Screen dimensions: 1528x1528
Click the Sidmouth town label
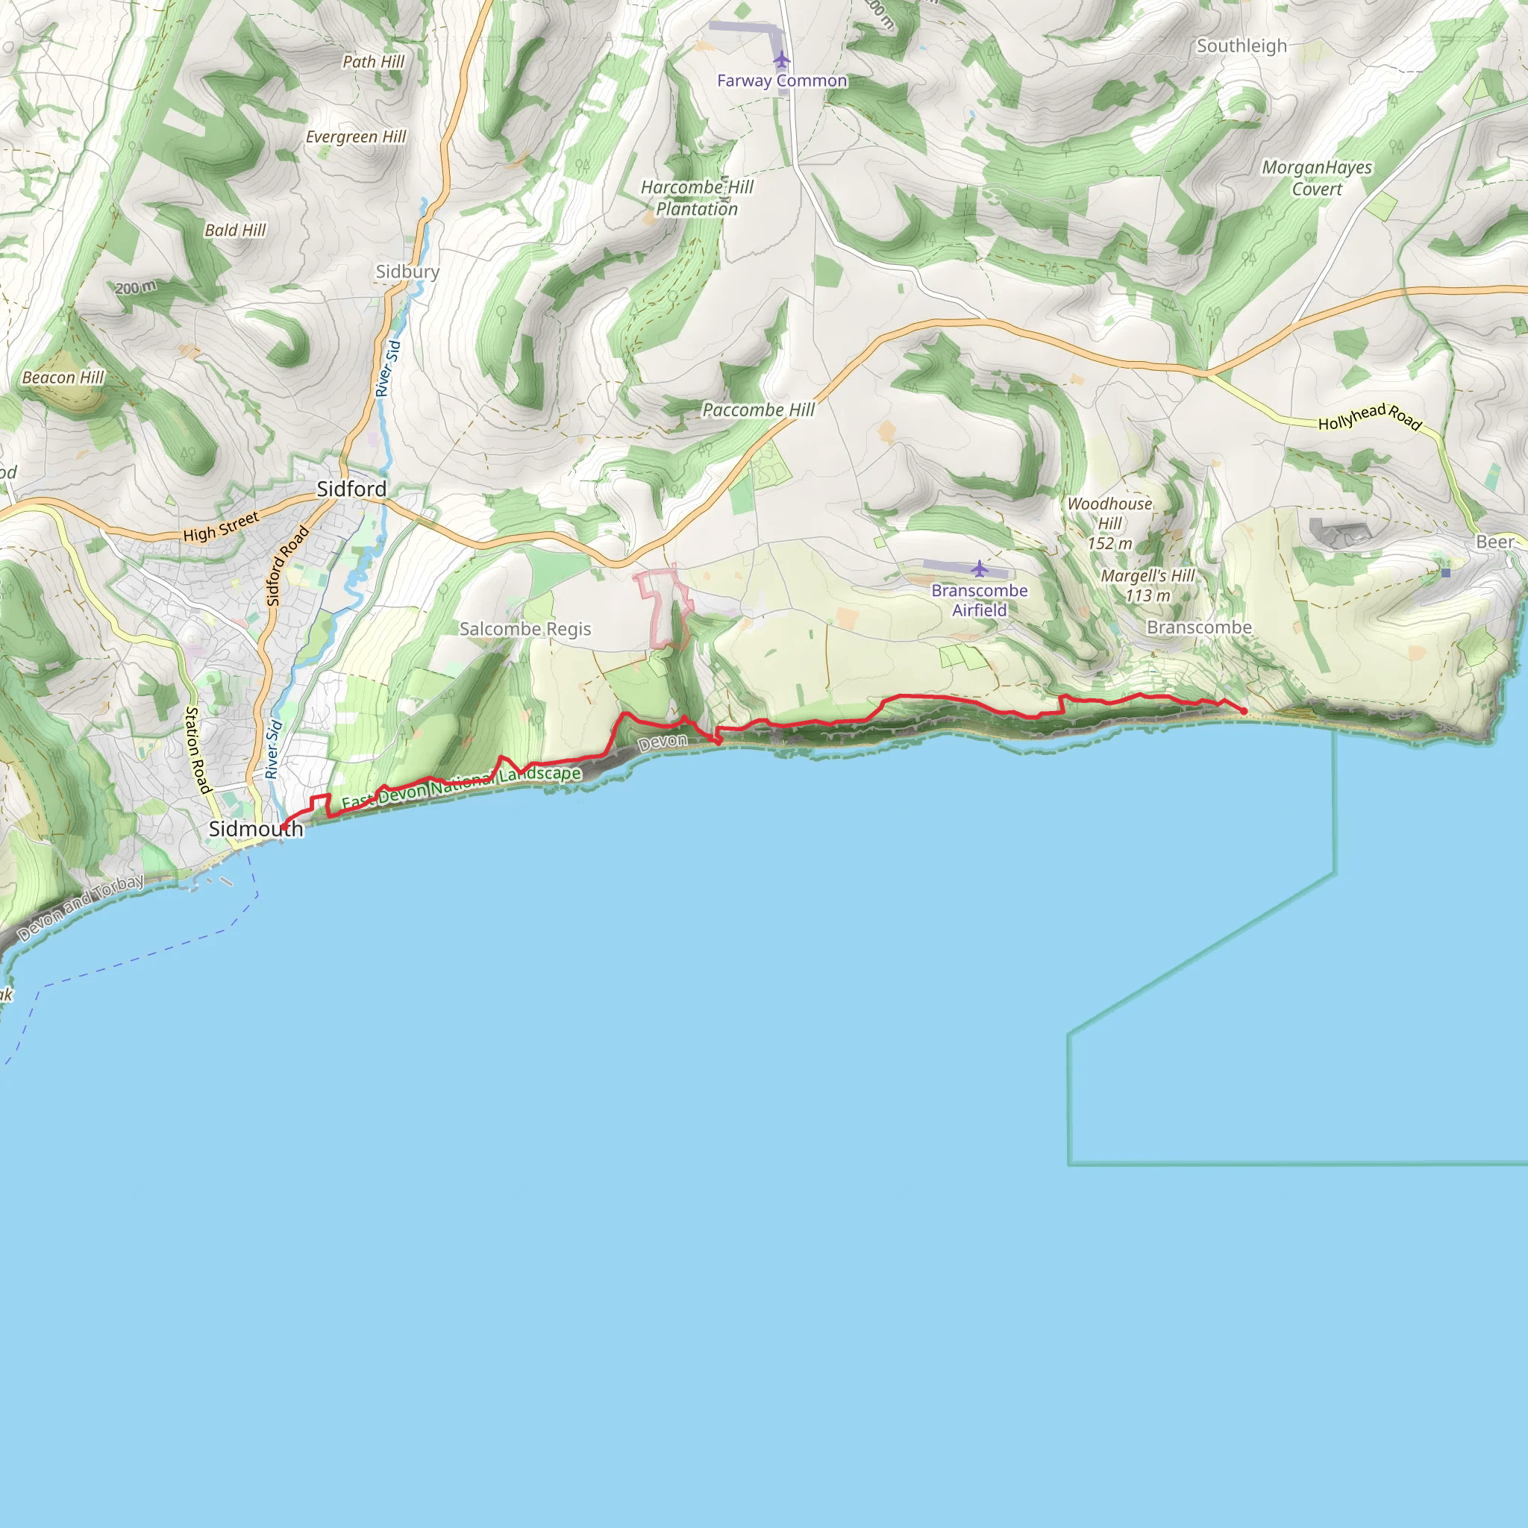click(x=255, y=829)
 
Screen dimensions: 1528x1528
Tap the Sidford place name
click(x=351, y=489)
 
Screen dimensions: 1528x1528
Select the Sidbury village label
click(x=407, y=272)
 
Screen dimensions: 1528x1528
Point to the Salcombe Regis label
click(x=525, y=629)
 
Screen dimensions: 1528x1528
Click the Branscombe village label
click(x=1199, y=627)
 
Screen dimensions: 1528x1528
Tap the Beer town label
click(x=1494, y=542)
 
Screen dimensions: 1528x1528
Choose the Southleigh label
click(x=1241, y=46)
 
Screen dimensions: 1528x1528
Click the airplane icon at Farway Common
click(x=781, y=60)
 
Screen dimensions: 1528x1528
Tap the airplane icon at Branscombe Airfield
click(x=979, y=568)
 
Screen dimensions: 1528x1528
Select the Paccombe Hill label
click(x=759, y=410)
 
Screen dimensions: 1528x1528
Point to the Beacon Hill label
click(x=63, y=378)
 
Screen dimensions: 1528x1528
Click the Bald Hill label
click(x=235, y=230)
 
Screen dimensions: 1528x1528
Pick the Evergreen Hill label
click(x=356, y=137)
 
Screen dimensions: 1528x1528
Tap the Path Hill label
click(x=373, y=62)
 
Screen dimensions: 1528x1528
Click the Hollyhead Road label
click(x=1370, y=417)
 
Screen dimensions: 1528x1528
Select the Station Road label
click(x=197, y=750)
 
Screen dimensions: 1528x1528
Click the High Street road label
click(x=221, y=527)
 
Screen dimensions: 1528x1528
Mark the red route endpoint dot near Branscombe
click(x=1244, y=711)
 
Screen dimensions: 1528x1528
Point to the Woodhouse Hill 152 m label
click(x=1109, y=523)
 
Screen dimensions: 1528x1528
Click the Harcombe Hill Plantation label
click(x=697, y=198)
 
